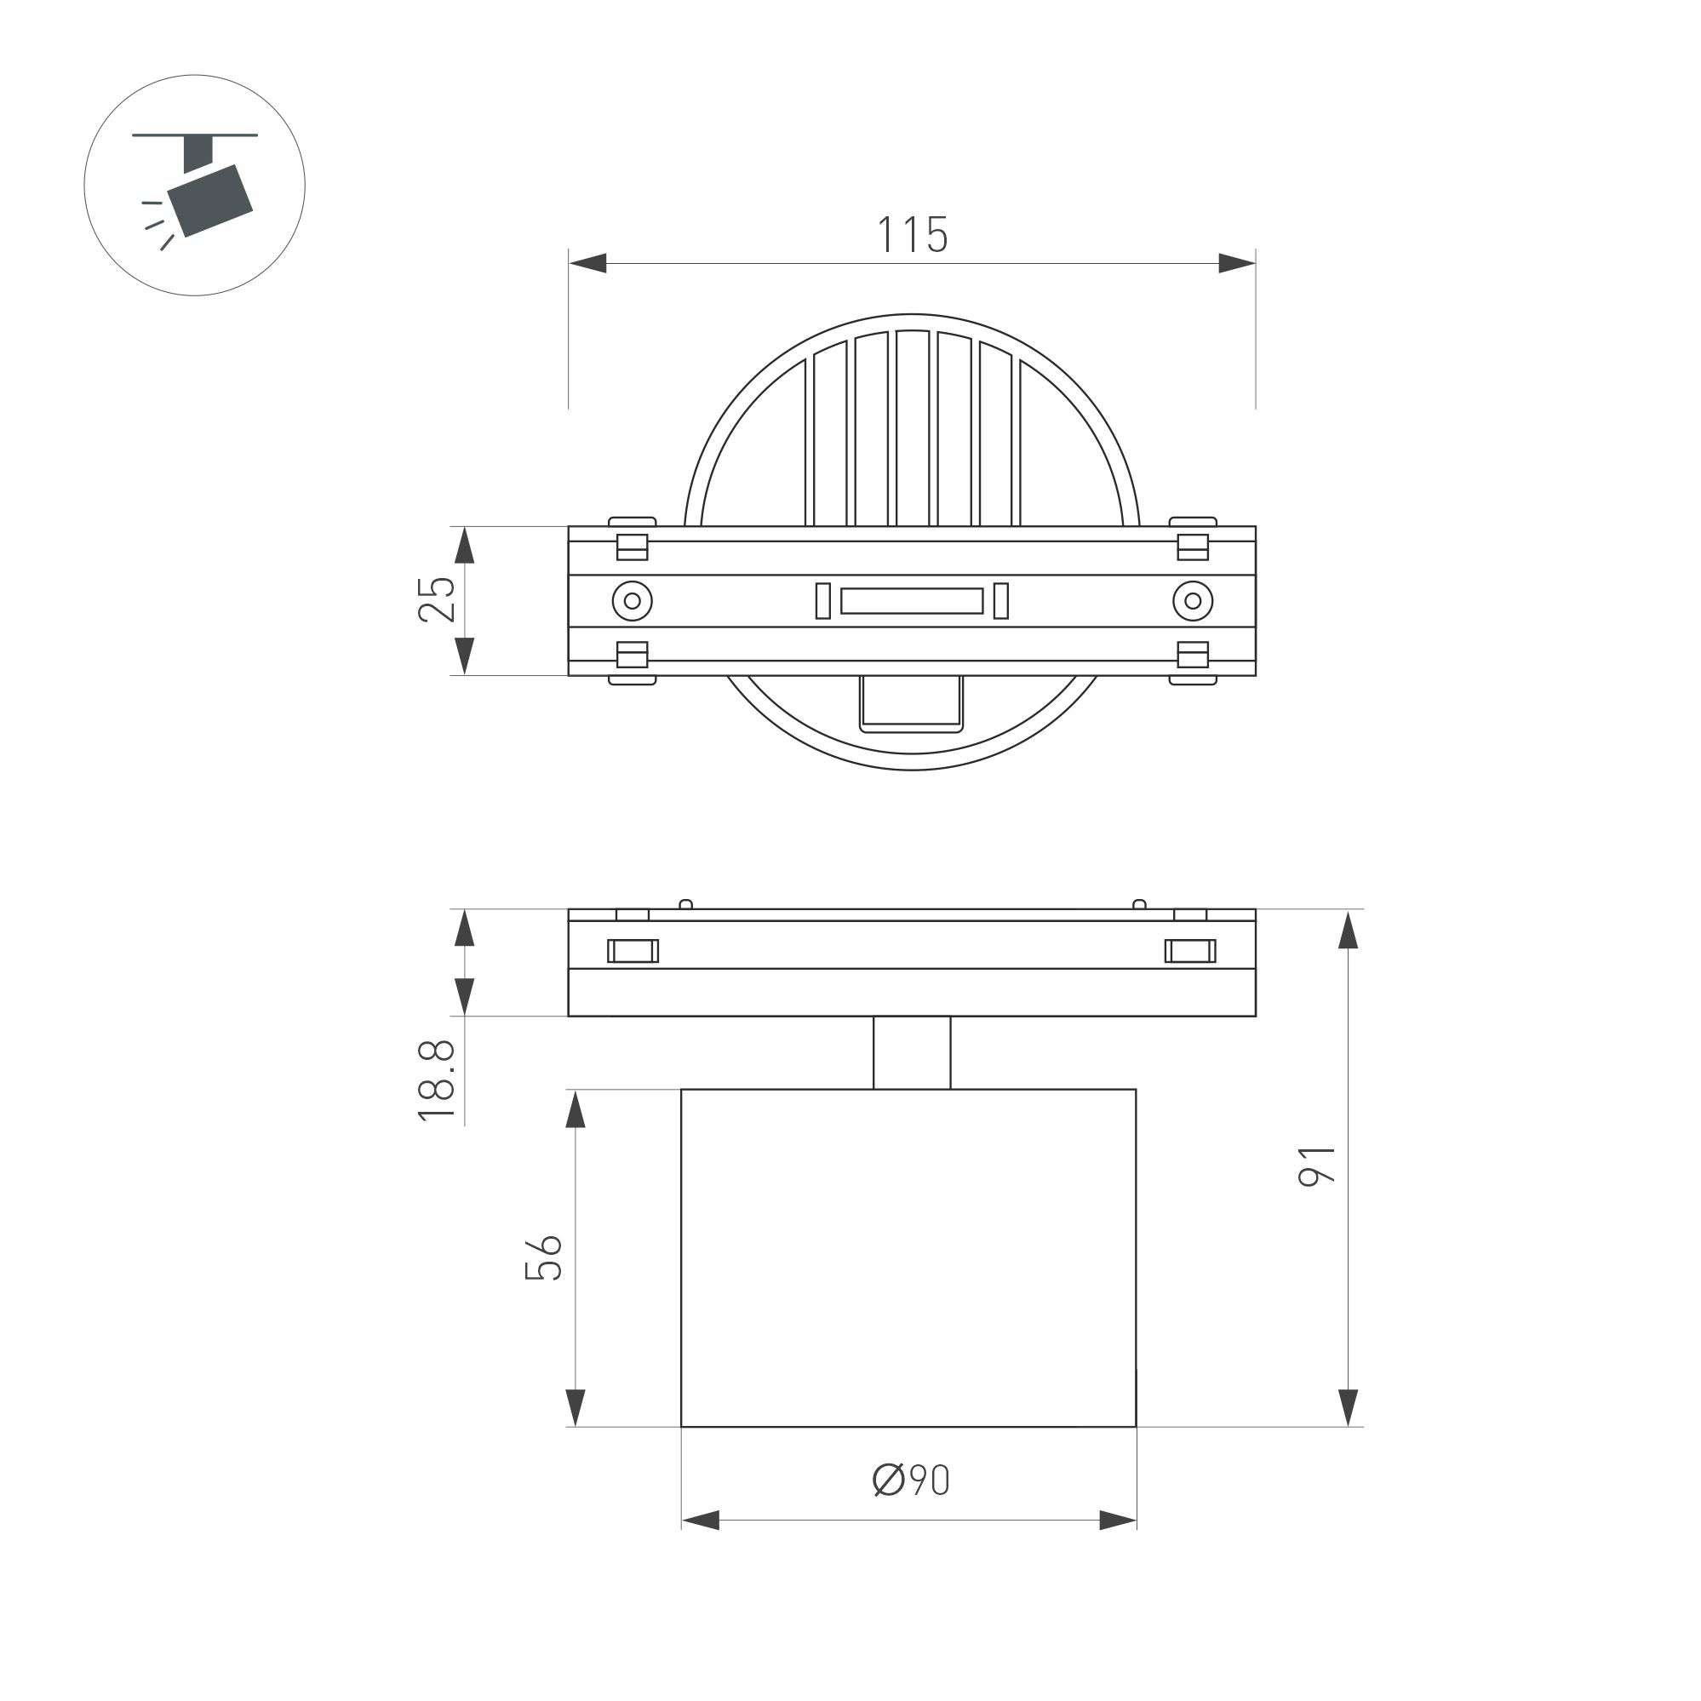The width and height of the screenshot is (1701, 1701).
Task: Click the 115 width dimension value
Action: click(x=911, y=234)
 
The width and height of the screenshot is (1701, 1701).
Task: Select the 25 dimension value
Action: click(x=437, y=599)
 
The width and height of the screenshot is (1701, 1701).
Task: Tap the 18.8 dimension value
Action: click(x=437, y=1080)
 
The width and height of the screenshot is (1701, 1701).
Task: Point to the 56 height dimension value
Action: click(x=543, y=1257)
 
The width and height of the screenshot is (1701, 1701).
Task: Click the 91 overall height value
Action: click(x=1318, y=1165)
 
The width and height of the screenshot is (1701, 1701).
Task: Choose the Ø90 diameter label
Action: click(x=911, y=1480)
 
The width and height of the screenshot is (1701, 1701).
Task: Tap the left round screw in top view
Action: click(x=633, y=601)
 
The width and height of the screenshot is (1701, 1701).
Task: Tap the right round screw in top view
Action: click(x=1193, y=601)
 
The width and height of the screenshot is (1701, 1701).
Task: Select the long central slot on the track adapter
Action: click(x=911, y=601)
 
